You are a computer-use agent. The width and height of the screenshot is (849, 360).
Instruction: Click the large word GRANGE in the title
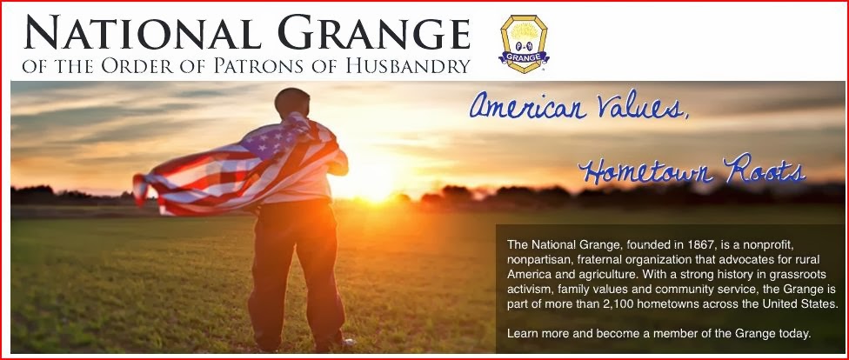[374, 32]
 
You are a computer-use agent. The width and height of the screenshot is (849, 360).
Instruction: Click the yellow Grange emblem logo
[524, 43]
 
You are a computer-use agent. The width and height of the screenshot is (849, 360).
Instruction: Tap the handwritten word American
[529, 106]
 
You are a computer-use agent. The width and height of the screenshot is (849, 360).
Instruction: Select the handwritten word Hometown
[647, 170]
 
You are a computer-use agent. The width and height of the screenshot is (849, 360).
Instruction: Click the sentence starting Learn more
[659, 333]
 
